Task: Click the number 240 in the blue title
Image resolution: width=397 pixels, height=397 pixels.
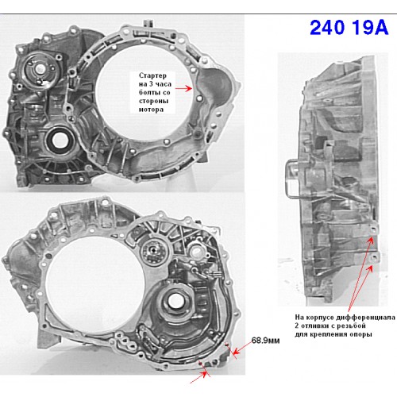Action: click(327, 27)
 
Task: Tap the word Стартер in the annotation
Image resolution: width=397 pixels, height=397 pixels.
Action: click(152, 75)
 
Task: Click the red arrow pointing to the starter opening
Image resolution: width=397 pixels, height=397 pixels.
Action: click(183, 88)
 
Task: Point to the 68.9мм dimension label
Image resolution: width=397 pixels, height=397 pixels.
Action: click(265, 341)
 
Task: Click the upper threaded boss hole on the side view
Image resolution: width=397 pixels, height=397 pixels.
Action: click(373, 229)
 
